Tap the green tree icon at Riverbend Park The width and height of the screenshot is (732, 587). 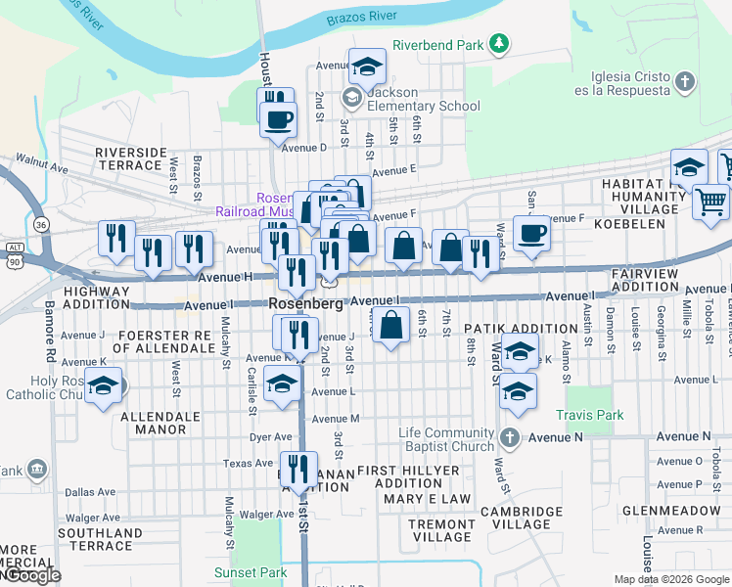[x=499, y=43]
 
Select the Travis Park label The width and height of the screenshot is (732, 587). [x=590, y=415]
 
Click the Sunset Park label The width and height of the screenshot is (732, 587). [x=252, y=572]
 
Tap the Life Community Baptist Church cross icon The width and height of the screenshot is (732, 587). [x=509, y=435]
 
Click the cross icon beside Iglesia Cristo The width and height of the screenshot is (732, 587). [x=685, y=81]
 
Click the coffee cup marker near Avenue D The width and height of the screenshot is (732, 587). [x=278, y=119]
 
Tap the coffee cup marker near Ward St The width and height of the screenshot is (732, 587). [x=530, y=234]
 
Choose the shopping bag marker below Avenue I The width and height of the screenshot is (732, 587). [x=391, y=325]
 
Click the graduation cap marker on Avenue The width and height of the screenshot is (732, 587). [x=367, y=67]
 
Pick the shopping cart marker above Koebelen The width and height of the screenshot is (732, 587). [x=710, y=201]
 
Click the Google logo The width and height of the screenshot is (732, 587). [x=31, y=576]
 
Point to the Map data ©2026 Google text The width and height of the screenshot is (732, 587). [x=671, y=579]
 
